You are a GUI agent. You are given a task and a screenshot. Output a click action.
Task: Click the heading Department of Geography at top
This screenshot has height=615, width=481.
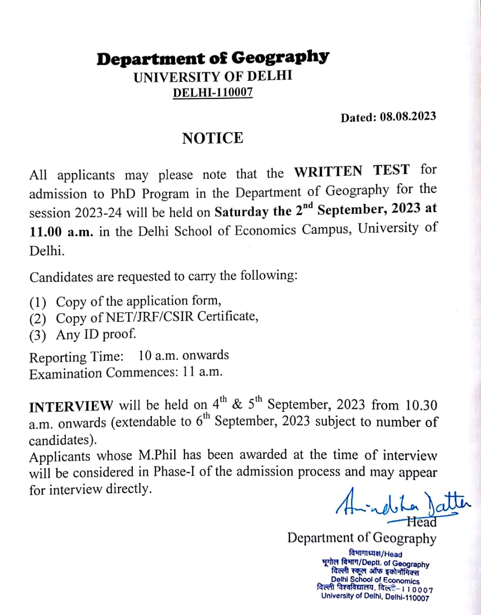pyautogui.click(x=213, y=59)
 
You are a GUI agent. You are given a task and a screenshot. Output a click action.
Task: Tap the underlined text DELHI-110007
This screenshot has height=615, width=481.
pyautogui.click(x=213, y=92)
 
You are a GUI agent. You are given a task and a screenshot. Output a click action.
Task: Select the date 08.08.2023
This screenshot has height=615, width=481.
pyautogui.click(x=408, y=117)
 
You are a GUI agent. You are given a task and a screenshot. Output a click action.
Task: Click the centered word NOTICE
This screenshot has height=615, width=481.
pyautogui.click(x=213, y=138)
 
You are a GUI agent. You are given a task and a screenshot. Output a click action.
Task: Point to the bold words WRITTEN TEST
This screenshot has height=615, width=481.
pyautogui.click(x=352, y=171)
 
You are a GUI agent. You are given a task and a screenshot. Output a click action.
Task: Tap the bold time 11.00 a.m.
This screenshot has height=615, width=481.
pyautogui.click(x=62, y=231)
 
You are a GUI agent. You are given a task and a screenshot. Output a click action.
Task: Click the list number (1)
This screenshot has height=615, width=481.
pyautogui.click(x=38, y=303)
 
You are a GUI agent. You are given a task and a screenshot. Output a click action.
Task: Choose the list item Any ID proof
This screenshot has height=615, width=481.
pyautogui.click(x=96, y=334)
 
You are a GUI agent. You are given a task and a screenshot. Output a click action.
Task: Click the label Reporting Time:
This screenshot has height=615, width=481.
pyautogui.click(x=76, y=357)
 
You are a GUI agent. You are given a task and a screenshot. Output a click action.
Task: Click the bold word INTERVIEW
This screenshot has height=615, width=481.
pyautogui.click(x=72, y=406)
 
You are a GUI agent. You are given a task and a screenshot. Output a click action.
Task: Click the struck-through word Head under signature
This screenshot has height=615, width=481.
pyautogui.click(x=421, y=522)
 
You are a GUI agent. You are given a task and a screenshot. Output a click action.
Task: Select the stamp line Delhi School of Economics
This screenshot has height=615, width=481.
pyautogui.click(x=375, y=580)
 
